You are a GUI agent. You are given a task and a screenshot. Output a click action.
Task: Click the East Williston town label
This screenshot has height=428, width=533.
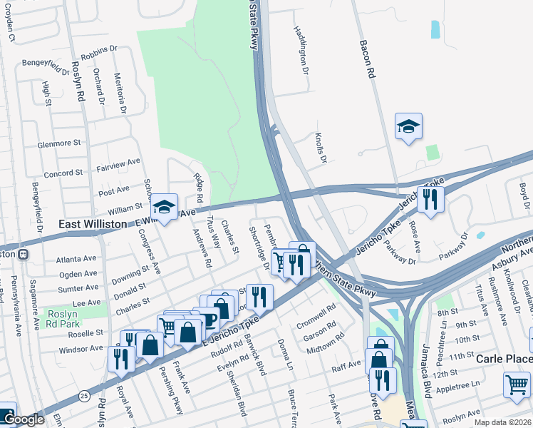coord(94,224)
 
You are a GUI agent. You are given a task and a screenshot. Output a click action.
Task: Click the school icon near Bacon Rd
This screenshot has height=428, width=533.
coord(408,126)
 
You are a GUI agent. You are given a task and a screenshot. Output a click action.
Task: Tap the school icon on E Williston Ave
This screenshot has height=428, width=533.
coord(165,208)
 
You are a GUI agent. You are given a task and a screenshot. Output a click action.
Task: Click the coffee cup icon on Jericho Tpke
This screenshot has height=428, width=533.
coord(207,319)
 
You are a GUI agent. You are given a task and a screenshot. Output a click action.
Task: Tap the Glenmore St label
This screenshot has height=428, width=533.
coord(59,143)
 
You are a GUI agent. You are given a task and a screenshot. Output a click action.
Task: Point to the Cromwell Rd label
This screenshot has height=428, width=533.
coord(316,315)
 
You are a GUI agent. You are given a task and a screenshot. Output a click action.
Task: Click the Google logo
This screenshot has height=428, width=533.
coord(23,419)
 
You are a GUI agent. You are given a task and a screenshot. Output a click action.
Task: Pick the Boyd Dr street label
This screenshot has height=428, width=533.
coord(523,195)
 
